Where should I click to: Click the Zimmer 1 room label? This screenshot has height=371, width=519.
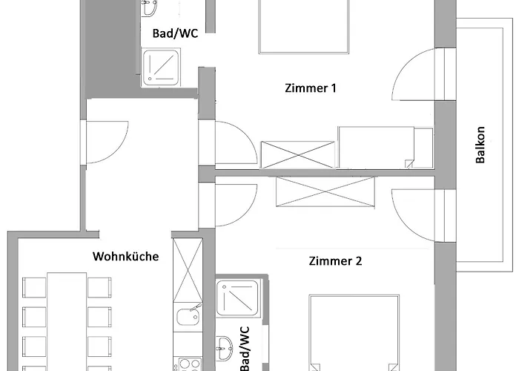point(311,88)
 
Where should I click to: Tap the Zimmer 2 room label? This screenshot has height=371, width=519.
point(335,261)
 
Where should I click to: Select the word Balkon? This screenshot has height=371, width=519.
point(480,145)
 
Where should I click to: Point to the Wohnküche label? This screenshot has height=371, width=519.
point(125,257)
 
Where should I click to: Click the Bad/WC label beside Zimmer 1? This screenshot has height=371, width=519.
point(175,33)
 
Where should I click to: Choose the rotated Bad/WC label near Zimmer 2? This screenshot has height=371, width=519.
point(244,349)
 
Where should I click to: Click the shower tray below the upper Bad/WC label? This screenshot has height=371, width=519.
point(161,68)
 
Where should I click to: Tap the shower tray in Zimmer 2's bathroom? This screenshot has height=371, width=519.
point(237,298)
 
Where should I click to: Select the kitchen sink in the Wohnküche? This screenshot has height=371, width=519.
point(188,316)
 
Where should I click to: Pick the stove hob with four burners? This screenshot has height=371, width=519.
point(189,364)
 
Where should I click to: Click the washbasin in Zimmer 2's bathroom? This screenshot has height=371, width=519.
point(224,345)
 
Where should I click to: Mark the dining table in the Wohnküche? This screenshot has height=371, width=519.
point(67,321)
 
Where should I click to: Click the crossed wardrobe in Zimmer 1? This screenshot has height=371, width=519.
point(298,154)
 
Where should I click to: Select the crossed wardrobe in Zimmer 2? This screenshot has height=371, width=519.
point(325,191)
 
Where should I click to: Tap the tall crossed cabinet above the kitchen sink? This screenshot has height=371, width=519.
point(188,270)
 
